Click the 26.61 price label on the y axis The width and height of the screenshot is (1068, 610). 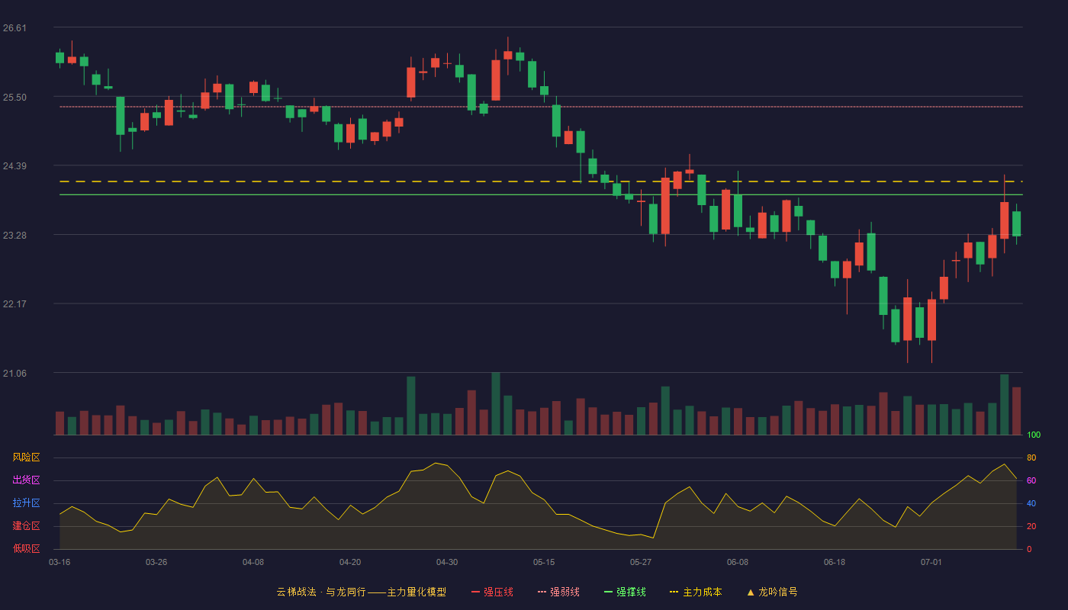tap(14, 28)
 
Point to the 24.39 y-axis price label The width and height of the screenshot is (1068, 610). tap(14, 166)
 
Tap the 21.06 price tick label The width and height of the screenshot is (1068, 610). tap(14, 373)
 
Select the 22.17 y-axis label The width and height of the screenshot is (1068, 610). tap(14, 304)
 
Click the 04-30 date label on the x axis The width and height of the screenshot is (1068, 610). tap(447, 563)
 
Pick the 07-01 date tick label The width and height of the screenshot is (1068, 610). tap(931, 563)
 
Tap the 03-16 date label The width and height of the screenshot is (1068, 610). tap(60, 563)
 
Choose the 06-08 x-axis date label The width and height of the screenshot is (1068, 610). tap(738, 563)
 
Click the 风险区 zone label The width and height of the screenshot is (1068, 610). tap(26, 457)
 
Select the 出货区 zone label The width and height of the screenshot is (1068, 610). tap(26, 480)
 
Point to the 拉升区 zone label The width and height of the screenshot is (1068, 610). tap(26, 502)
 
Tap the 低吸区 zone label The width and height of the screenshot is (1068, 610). tap(26, 548)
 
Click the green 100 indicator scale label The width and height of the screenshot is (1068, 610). tap(1034, 435)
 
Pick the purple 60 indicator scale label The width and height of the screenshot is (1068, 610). tap(1031, 480)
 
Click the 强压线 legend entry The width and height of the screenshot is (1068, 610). tap(492, 592)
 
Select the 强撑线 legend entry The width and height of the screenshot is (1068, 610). tap(625, 592)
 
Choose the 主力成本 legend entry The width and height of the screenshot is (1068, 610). tap(696, 592)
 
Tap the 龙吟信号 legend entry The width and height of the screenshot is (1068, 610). tap(772, 592)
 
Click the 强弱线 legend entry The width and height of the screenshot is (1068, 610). tap(558, 592)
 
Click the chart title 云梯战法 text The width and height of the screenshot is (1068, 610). tap(296, 592)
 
